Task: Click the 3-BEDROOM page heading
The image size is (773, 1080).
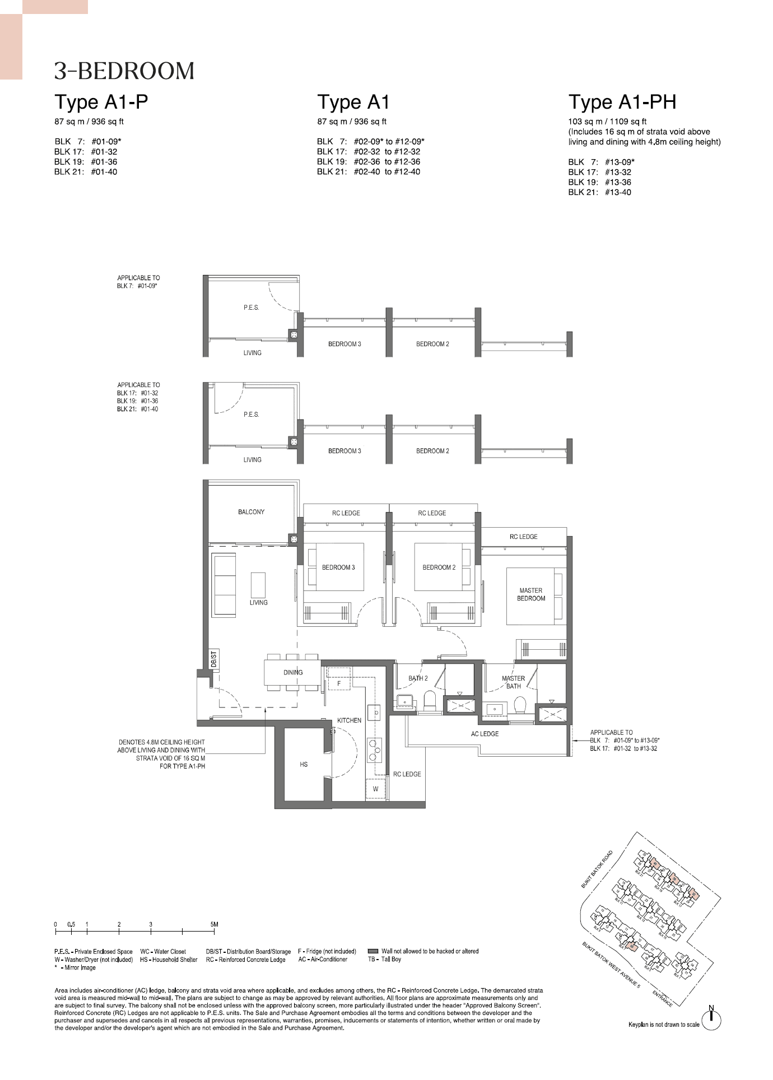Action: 124,71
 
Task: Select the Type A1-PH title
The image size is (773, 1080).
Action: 622,102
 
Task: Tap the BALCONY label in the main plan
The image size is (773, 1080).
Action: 251,512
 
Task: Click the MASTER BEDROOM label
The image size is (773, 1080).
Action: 531,594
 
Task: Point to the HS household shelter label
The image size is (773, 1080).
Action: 304,765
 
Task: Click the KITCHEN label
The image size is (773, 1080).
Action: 349,720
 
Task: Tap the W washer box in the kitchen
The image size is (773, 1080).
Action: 376,789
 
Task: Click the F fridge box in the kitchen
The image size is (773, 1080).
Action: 339,683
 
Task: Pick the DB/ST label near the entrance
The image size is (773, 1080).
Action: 213,659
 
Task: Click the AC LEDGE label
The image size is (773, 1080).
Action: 485,734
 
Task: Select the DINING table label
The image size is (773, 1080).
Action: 292,672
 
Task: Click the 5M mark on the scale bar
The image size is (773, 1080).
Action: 214,925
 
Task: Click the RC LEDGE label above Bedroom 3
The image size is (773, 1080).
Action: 346,513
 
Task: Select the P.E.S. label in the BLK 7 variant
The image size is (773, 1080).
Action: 251,308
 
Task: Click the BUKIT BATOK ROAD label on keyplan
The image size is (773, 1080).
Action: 597,869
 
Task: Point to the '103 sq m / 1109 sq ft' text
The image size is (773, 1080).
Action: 607,122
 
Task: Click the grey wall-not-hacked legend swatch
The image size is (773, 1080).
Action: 373,951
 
